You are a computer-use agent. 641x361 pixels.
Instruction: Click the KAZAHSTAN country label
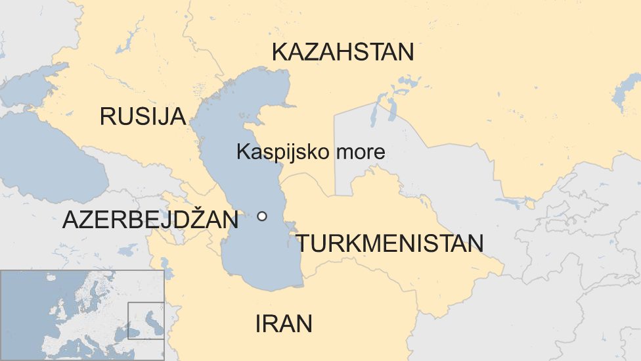[343, 52]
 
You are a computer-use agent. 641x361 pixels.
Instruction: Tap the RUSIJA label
[143, 116]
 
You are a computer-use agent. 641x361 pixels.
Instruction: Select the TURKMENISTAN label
[389, 243]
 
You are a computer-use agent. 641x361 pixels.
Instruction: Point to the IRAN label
[283, 324]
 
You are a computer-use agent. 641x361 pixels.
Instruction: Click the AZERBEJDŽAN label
[150, 220]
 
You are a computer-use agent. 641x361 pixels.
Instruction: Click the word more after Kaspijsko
[360, 152]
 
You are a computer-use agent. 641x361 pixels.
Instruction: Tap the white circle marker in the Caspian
[262, 216]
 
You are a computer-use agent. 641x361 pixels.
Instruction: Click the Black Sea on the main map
[46, 158]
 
